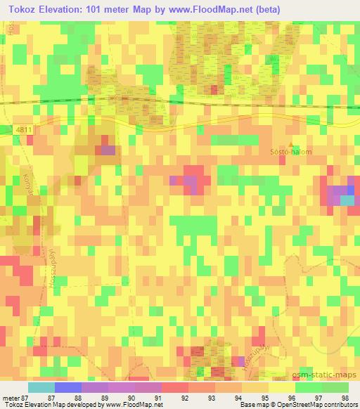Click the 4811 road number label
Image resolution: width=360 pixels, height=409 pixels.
22,129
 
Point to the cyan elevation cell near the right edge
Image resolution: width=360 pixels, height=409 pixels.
347,200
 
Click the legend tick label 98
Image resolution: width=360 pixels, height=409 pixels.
345,397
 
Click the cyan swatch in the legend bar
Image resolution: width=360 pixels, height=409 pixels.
41,387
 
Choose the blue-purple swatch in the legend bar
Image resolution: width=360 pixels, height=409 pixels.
67,387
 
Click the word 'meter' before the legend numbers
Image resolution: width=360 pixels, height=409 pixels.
11,397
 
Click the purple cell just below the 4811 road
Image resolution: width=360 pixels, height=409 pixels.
108,149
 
